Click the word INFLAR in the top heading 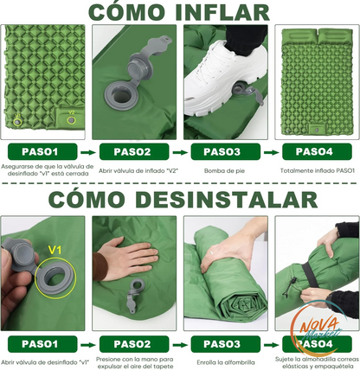click(x=222, y=12)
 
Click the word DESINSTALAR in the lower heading click(x=227, y=199)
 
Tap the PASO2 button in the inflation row click(x=134, y=152)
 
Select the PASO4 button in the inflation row click(x=317, y=152)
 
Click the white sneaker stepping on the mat click(x=226, y=78)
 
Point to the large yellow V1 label click(x=55, y=250)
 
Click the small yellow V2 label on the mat click(x=71, y=112)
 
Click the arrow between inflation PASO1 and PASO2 click(x=88, y=152)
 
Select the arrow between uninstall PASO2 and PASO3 click(x=180, y=345)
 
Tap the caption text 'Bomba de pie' click(x=224, y=170)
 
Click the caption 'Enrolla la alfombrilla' click(x=226, y=362)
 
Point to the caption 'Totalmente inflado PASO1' click(x=318, y=170)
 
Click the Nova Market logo click(x=318, y=329)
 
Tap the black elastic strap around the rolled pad click(x=310, y=274)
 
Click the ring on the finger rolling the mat click(x=211, y=252)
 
